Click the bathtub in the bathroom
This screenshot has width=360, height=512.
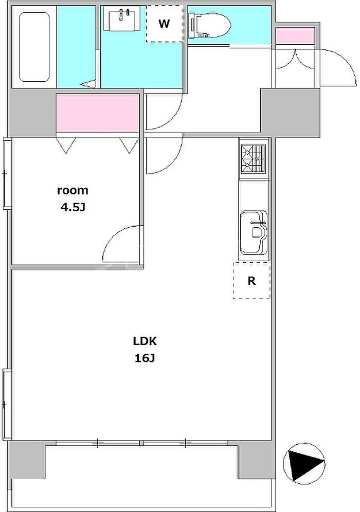point(34,47)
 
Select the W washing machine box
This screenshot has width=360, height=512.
point(165,24)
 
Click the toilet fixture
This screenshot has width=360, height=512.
point(209,25)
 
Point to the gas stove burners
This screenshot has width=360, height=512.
point(254,159)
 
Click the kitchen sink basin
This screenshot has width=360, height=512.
point(254,232)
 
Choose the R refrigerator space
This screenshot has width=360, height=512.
point(251,280)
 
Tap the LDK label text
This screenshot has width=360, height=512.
point(145,341)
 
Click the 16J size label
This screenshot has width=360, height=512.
point(145,358)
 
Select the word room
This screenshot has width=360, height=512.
point(73,190)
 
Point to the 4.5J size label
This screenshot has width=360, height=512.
point(73,207)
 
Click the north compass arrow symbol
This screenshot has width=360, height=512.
point(304,464)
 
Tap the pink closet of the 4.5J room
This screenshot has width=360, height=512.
point(98,113)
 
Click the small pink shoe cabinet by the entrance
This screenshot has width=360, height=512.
point(295,36)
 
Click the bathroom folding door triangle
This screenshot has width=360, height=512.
point(89,84)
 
